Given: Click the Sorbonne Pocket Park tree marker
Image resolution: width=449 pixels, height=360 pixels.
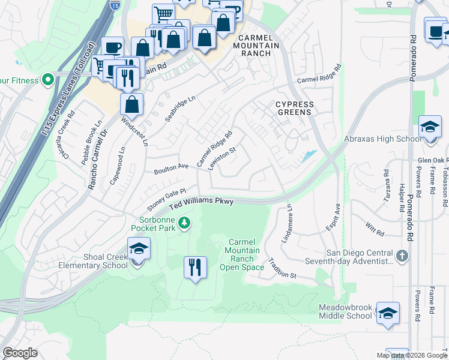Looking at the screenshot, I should (x=185, y=223).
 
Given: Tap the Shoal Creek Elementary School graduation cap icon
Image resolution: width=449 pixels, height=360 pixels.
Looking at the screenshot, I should (x=138, y=248).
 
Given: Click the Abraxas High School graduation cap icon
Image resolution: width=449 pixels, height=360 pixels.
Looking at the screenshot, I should (x=430, y=127).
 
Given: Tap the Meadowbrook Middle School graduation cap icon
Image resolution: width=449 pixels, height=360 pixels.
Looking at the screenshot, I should (x=388, y=313).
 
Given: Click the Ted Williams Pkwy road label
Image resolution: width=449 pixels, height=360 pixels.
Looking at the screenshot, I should (x=201, y=204).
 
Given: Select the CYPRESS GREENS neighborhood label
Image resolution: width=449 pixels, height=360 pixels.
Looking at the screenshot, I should (x=294, y=108).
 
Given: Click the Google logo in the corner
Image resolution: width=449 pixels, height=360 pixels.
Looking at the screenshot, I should (x=20, y=353).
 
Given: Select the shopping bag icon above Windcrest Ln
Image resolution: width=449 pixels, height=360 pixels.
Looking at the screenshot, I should (x=131, y=104).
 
